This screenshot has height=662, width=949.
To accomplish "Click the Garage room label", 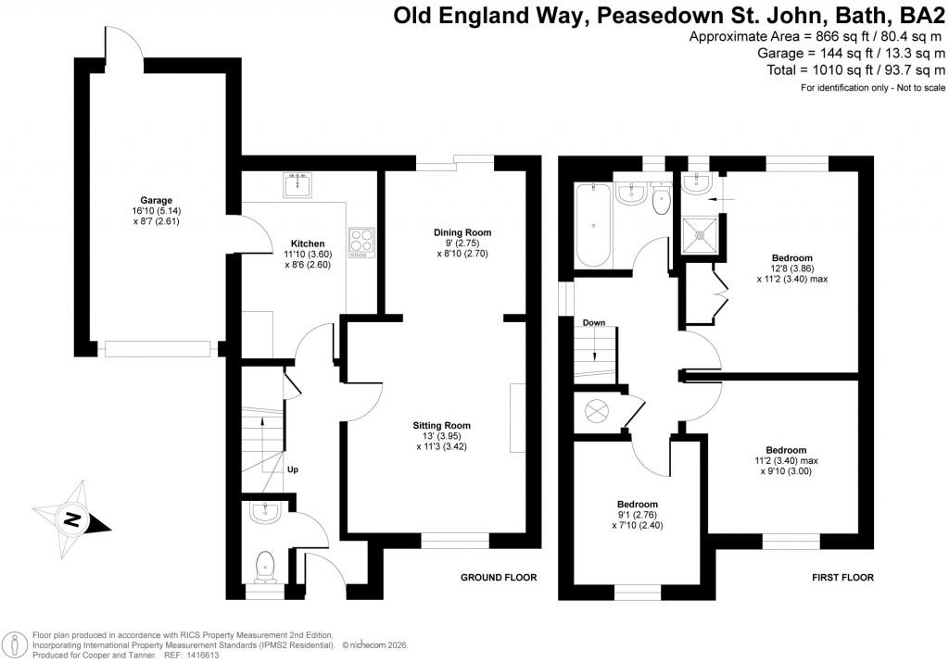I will pyautogui.click(x=157, y=200).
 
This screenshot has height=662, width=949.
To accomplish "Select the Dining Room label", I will pyautogui.click(x=462, y=232).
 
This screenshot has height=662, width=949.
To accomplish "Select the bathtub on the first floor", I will pyautogui.click(x=592, y=225).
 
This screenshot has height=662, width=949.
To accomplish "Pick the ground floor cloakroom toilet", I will pyautogui.click(x=266, y=565).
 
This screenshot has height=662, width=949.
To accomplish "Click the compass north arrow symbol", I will pyautogui.click(x=71, y=519).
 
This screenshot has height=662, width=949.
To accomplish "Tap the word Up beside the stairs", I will pyautogui.click(x=292, y=469).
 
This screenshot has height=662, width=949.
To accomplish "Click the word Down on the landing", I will pyautogui.click(x=593, y=323).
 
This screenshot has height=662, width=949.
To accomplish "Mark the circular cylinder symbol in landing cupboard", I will pyautogui.click(x=594, y=409).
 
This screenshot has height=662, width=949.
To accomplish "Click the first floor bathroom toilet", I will pyautogui.click(x=661, y=200).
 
